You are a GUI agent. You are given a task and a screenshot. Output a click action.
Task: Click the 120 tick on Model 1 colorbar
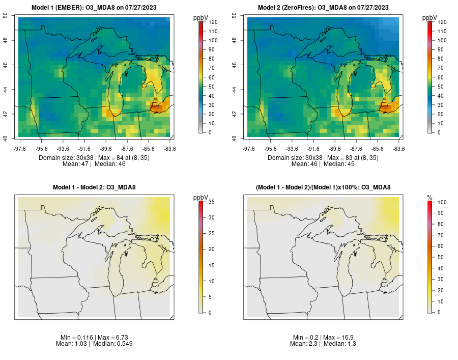214,22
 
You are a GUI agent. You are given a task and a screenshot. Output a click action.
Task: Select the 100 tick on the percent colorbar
442,202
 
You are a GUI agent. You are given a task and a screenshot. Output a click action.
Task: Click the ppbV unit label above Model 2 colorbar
430,18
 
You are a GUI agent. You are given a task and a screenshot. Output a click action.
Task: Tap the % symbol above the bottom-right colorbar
430,197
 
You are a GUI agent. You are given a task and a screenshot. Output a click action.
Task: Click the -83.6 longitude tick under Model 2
398,148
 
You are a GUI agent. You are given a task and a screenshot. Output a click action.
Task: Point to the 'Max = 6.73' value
111,338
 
